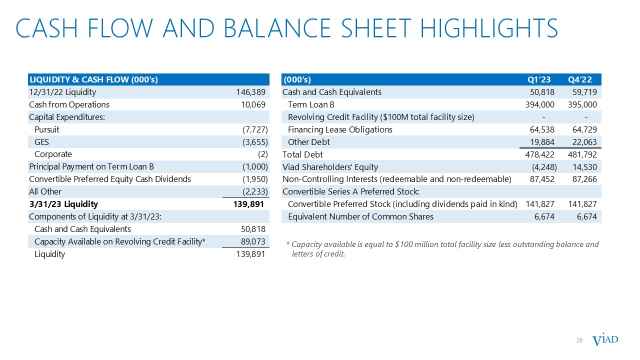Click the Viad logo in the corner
pos(605,340)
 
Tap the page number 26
pos(580,340)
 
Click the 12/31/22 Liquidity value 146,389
pos(250,92)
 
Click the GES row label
pos(41,142)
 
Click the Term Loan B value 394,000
pos(539,104)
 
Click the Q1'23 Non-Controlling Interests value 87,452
pos(542,179)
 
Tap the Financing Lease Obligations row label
pos(340,129)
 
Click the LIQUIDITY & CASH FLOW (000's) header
pos(93,79)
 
